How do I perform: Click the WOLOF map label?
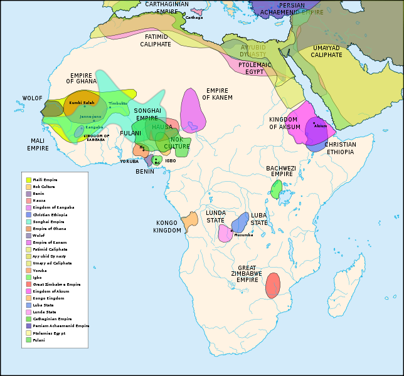click(x=32, y=98)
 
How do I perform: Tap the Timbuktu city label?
click(x=117, y=103)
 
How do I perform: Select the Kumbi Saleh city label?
click(x=82, y=103)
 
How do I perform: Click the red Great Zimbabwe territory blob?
click(x=272, y=286)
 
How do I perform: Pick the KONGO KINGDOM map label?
click(x=167, y=226)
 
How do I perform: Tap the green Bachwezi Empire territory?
click(x=277, y=189)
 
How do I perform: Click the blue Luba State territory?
click(x=240, y=222)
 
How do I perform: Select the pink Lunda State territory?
click(x=225, y=232)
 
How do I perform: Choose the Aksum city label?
click(x=321, y=126)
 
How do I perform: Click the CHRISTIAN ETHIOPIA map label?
click(x=340, y=148)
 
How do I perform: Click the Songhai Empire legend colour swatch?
click(x=28, y=221)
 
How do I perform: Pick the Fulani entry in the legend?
click(x=40, y=340)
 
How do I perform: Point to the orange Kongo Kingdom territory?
click(x=189, y=221)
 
